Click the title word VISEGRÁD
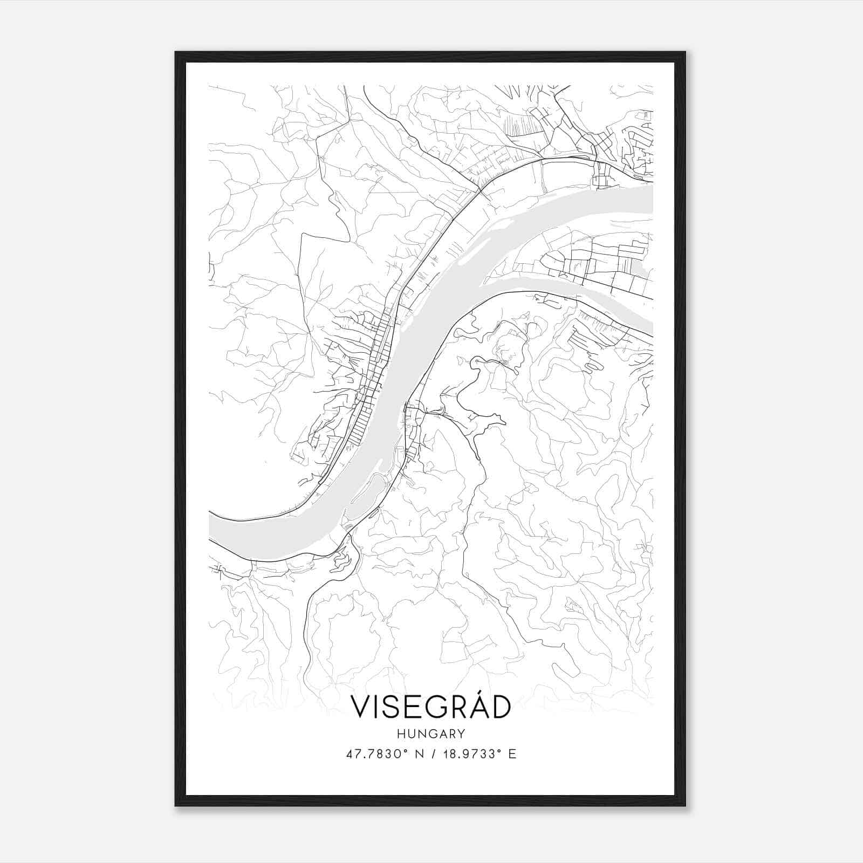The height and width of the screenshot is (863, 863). (x=430, y=707)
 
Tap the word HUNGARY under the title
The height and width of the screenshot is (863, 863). (x=430, y=734)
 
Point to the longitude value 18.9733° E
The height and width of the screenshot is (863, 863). (x=478, y=754)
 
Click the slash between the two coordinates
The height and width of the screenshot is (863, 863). (x=433, y=754)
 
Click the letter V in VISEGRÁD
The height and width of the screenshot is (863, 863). (x=360, y=707)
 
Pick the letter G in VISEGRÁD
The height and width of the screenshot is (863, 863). (x=433, y=707)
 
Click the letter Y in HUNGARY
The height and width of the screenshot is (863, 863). (x=462, y=734)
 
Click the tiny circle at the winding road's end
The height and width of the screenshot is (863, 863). (x=477, y=360)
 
